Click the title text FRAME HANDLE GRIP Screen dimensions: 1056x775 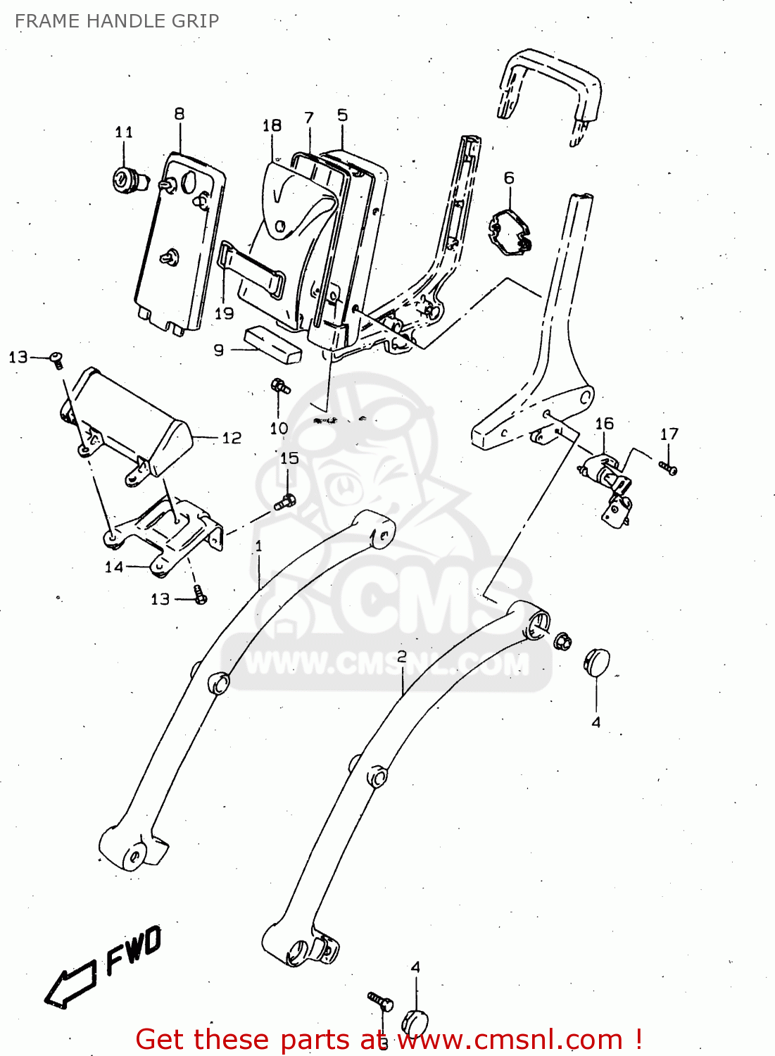[117, 21]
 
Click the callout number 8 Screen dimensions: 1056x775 [179, 113]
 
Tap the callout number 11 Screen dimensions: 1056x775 [124, 132]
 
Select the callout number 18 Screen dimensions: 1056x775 [272, 125]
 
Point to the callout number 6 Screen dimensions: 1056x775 [509, 178]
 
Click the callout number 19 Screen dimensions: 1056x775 [224, 313]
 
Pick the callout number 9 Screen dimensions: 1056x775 [219, 350]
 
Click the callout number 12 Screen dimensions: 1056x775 [232, 438]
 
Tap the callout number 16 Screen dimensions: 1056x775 [604, 424]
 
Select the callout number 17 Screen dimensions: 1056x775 [669, 434]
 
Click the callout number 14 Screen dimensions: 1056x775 [114, 567]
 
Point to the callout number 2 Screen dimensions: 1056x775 [402, 656]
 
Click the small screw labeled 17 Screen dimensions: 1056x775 [669, 467]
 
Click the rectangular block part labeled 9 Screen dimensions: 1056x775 [273, 344]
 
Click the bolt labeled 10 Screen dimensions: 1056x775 [280, 386]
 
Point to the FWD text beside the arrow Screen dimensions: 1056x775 [134, 950]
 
